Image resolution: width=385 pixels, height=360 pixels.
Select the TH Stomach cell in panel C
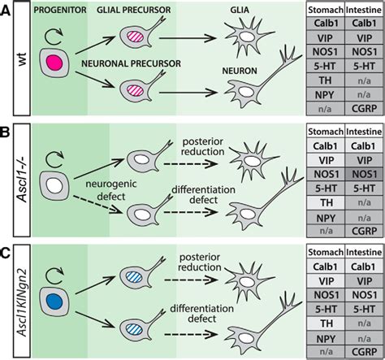pyautogui.click(x=323, y=323)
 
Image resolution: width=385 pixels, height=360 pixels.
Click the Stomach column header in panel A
pyautogui.click(x=323, y=9)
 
